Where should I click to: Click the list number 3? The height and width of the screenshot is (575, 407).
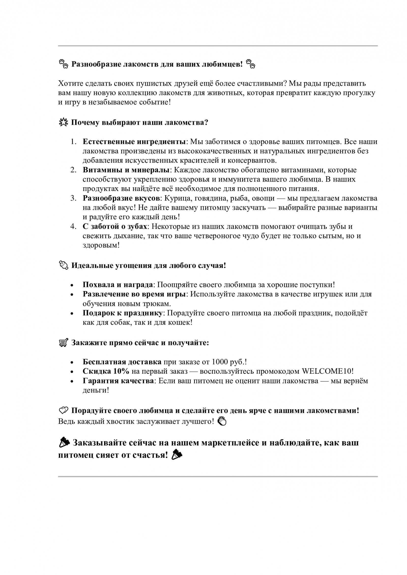click(74, 198)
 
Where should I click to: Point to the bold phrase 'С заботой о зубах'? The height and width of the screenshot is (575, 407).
click(115, 226)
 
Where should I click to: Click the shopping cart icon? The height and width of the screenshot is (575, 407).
click(63, 343)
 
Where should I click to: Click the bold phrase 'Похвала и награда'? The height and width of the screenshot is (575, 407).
click(118, 285)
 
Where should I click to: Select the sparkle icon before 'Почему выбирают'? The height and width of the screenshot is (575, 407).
click(63, 123)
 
